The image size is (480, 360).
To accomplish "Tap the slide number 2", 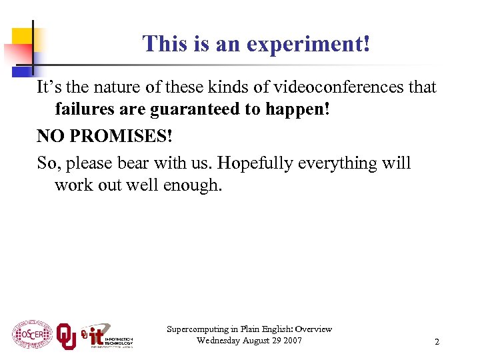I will pyautogui.click(x=437, y=342).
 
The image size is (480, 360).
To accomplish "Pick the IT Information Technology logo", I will pyautogui.click(x=107, y=337).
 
